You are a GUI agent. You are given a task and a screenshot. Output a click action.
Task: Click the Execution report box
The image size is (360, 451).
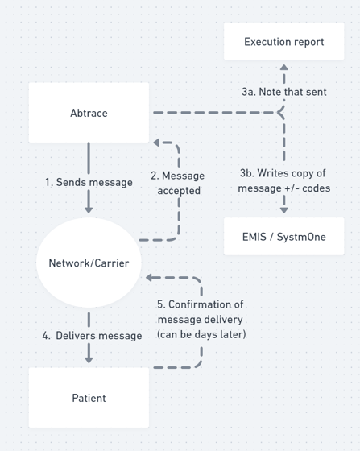(x=283, y=41)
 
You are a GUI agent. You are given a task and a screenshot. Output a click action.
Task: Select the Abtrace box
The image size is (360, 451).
(x=89, y=113)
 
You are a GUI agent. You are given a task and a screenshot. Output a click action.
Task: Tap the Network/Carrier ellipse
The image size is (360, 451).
(x=89, y=263)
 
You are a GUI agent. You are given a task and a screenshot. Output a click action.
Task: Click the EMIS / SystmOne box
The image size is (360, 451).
(x=283, y=237)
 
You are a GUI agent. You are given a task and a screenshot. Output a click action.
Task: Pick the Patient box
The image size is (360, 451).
(x=89, y=398)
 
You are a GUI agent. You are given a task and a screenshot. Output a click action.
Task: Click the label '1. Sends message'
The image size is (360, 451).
(x=89, y=182)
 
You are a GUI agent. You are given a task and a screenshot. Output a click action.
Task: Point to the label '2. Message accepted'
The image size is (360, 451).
(x=178, y=183)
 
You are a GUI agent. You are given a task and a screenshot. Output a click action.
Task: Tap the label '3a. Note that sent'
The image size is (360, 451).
(x=284, y=92)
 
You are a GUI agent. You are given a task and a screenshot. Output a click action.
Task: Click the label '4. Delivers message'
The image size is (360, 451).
(x=92, y=336)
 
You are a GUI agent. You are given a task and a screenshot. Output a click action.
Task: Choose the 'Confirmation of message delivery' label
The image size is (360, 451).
(x=201, y=312)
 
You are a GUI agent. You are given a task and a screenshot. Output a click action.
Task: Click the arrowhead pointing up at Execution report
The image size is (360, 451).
(x=284, y=68)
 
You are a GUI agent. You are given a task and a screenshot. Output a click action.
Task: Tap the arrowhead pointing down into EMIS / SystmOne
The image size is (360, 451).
(x=284, y=210)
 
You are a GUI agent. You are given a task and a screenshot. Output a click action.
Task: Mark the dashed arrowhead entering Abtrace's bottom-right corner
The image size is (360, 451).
(x=156, y=143)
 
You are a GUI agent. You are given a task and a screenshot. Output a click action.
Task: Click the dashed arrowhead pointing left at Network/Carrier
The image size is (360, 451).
(x=149, y=278)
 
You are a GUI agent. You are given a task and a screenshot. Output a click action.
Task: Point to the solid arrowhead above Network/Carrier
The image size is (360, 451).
(x=89, y=209)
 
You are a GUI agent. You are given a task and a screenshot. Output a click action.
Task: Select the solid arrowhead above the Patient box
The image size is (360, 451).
(x=89, y=359)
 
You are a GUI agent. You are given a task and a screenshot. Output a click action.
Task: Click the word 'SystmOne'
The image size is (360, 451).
(x=301, y=237)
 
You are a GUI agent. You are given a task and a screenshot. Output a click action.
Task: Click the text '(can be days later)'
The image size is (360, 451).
(x=201, y=334)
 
